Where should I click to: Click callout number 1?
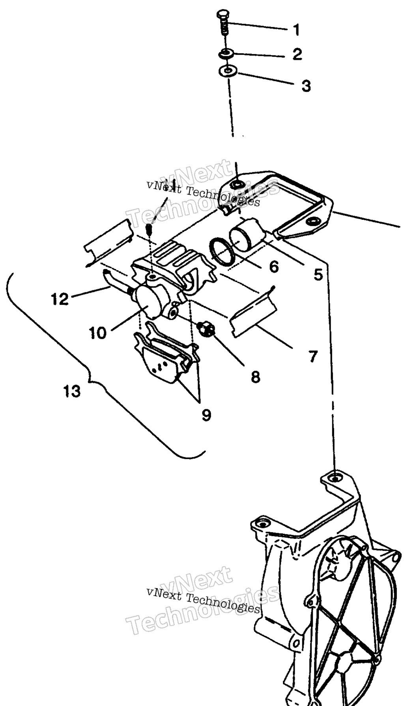coord(296,30)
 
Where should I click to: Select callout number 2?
coord(297,54)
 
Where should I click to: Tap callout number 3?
coord(306,86)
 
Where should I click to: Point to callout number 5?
coord(318,274)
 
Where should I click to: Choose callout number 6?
coord(274,267)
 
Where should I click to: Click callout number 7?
coord(313,357)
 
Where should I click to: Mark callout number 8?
coord(256,377)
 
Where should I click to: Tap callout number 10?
coord(97,333)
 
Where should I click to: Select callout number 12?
coord(60,299)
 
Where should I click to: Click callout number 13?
coord(72,391)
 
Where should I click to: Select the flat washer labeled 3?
coord(227,71)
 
